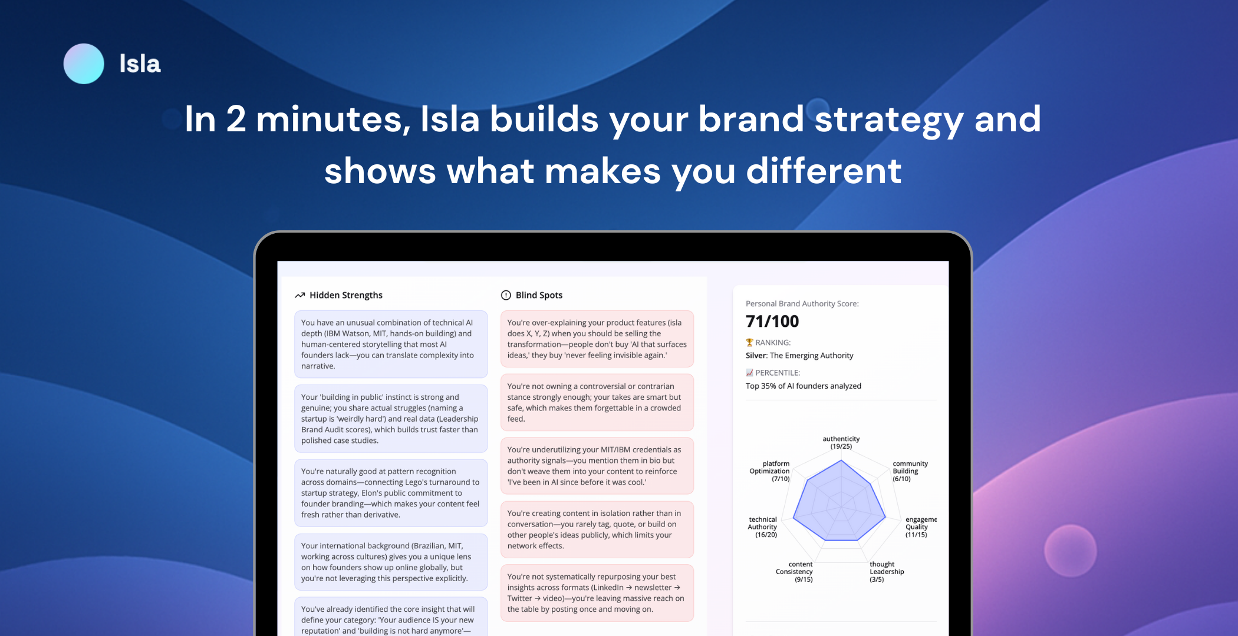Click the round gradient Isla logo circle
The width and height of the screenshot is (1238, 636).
84,64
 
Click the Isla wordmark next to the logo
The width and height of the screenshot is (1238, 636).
140,64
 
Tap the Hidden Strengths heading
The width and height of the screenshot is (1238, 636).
346,295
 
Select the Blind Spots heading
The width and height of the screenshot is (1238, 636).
539,295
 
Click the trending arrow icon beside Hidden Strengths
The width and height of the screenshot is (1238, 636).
300,295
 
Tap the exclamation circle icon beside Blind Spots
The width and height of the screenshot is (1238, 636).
506,295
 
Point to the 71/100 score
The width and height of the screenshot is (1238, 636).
772,322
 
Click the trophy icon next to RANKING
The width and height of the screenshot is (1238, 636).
749,342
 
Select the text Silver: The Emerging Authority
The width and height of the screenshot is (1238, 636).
799,355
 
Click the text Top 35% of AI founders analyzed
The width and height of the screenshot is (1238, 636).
804,386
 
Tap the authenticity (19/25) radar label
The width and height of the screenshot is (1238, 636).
841,443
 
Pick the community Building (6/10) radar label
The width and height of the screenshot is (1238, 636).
910,471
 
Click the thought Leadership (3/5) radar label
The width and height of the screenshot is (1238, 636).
887,572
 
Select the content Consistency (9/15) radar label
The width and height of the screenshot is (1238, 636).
794,572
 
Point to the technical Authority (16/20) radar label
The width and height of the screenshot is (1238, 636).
762,527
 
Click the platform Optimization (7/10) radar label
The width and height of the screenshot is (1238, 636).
769,471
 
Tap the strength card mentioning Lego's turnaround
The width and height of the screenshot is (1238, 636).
391,493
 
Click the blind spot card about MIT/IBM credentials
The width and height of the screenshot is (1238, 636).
597,466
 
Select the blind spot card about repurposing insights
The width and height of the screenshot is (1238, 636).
597,593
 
